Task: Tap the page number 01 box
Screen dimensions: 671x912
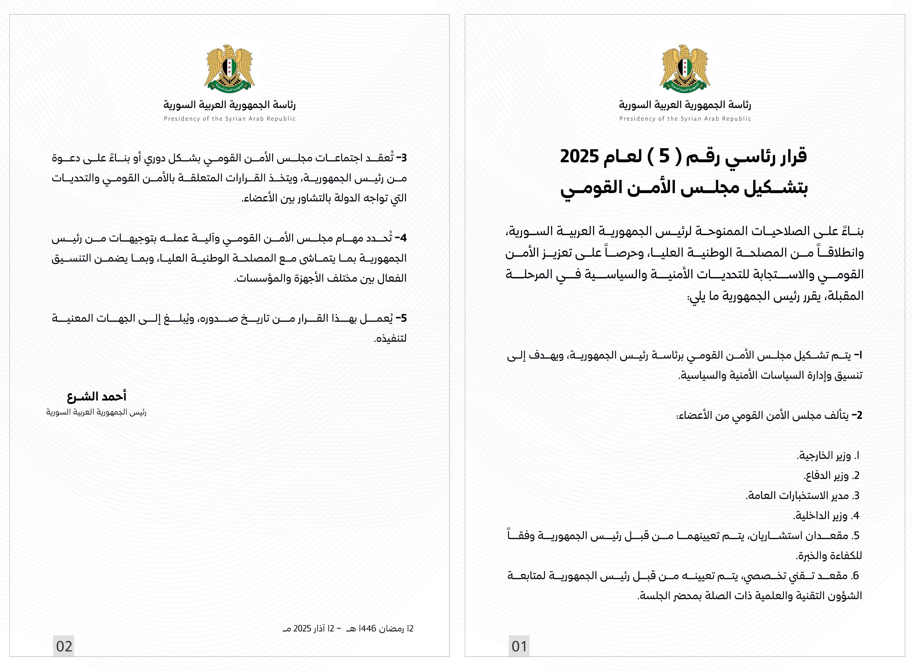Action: tap(519, 646)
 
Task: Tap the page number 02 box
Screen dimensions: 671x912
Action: tap(64, 646)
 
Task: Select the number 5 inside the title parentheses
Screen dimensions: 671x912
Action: tap(664, 156)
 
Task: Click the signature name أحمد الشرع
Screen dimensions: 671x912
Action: tap(97, 396)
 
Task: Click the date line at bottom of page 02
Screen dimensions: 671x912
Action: tap(348, 628)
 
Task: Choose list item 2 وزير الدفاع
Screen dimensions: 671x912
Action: tap(831, 475)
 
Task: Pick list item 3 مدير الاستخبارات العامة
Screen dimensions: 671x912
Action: tap(802, 496)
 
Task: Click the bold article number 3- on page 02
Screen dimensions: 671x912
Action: tap(401, 158)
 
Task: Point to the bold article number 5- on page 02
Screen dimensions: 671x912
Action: tap(401, 318)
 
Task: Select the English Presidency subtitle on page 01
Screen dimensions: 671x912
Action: tap(685, 118)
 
